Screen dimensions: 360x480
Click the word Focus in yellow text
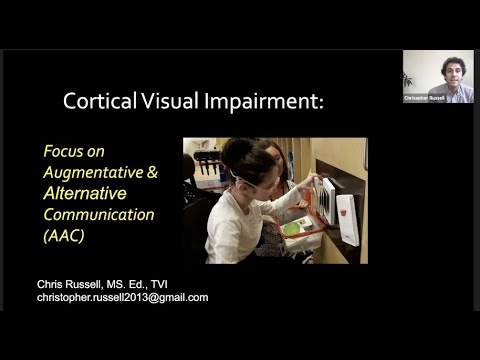tap(62, 151)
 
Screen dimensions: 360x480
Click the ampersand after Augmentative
tap(152, 172)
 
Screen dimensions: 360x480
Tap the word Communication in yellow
tap(98, 214)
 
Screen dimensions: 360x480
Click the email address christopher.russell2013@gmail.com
tap(122, 298)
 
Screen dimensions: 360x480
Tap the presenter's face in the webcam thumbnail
tap(452, 71)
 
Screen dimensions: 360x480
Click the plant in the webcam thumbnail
tap(408, 79)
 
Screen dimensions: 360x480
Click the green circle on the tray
tap(290, 229)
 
